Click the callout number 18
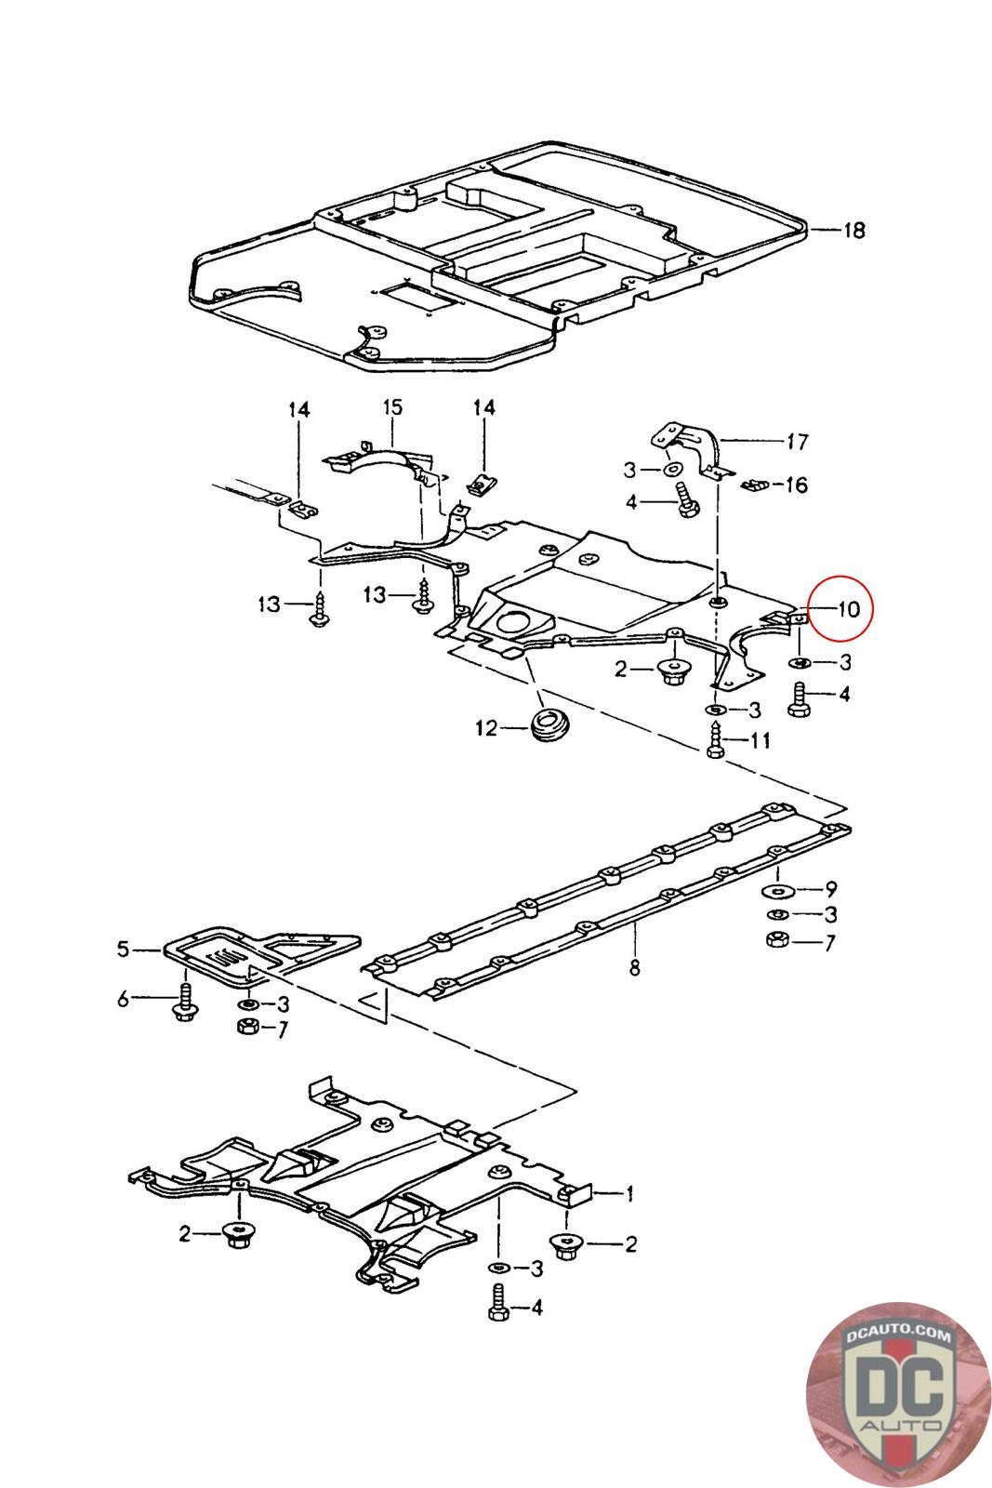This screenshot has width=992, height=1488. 853,229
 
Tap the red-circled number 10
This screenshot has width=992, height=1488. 848,610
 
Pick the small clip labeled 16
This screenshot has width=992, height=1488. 755,483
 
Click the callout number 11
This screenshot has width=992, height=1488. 761,741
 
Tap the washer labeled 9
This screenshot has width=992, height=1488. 776,891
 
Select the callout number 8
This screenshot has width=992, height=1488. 634,967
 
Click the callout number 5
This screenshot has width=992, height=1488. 124,950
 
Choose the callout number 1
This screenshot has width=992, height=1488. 629,1193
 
